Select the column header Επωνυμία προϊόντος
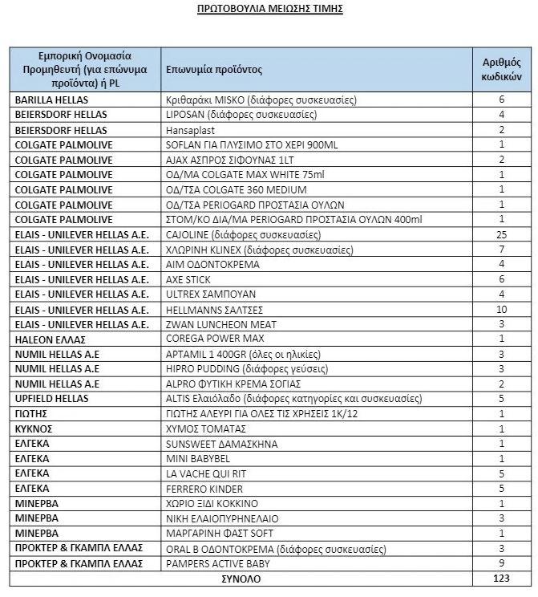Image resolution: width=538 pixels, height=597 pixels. [x=214, y=70]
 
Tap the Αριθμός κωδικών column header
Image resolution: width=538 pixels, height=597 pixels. [x=502, y=70]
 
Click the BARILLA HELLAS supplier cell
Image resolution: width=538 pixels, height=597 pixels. [x=51, y=100]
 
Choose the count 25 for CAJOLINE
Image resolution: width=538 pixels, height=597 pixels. [x=502, y=235]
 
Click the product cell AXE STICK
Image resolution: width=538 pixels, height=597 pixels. [x=189, y=279]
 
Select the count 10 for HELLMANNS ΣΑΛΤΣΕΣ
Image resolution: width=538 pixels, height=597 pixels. [x=502, y=310]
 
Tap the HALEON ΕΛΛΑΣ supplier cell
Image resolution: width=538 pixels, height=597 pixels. [x=46, y=339]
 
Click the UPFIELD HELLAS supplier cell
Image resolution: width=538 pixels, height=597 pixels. [x=50, y=399]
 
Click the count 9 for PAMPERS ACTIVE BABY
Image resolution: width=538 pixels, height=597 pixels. [x=502, y=564]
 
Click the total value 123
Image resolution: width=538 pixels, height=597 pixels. [x=502, y=579]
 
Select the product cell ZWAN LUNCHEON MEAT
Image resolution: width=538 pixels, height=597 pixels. [x=220, y=324]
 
